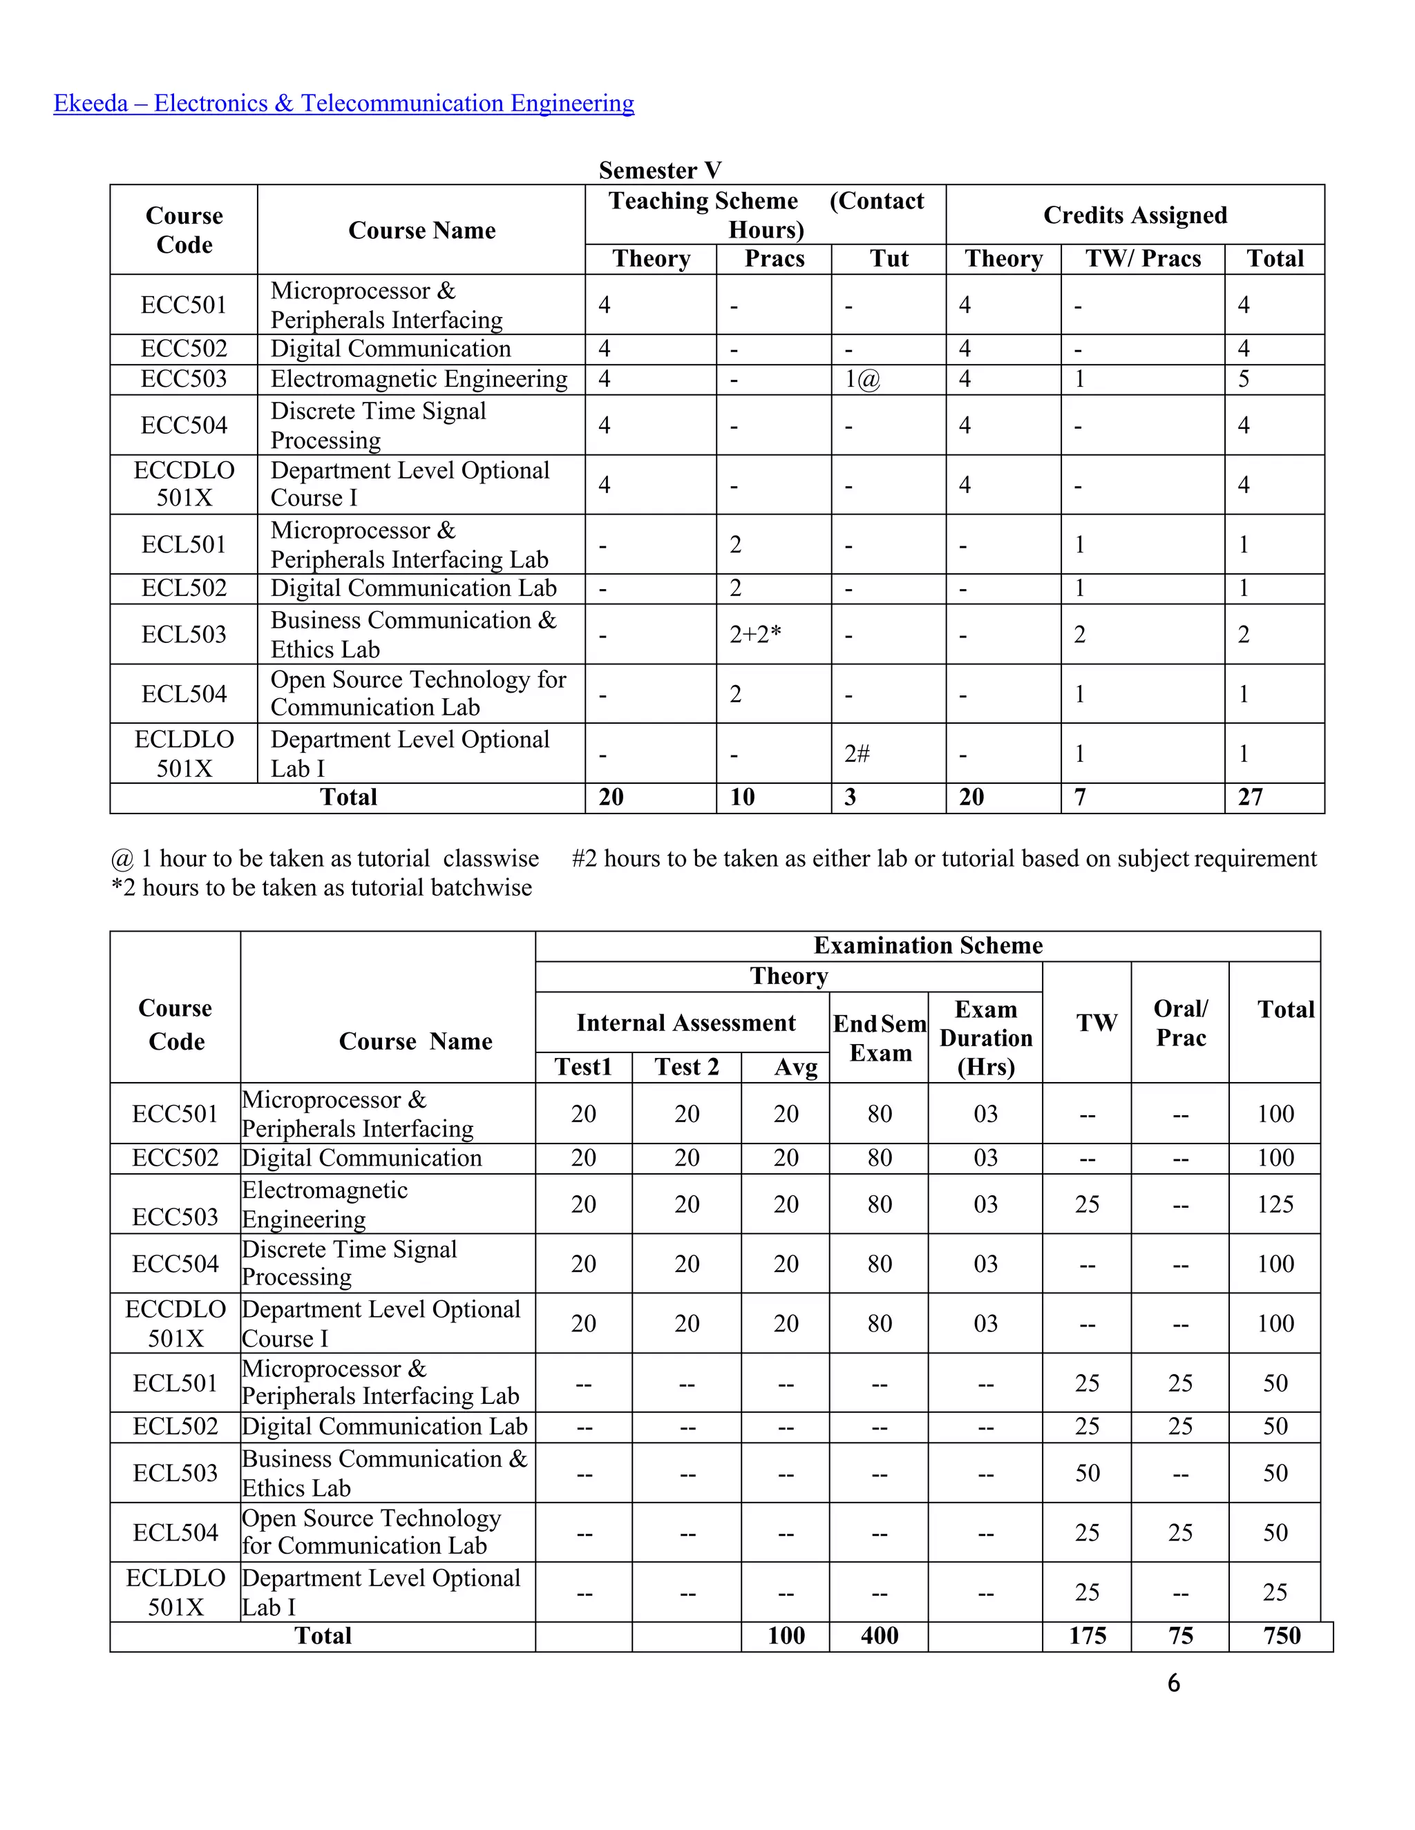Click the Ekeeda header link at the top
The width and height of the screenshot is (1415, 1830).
(x=343, y=103)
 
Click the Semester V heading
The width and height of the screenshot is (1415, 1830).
(x=660, y=170)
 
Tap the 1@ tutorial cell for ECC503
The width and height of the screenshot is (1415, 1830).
(x=862, y=380)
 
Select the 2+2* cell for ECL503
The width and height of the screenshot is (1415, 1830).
(x=754, y=635)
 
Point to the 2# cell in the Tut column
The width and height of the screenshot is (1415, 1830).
(x=857, y=753)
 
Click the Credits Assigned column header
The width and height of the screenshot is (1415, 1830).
(x=1134, y=215)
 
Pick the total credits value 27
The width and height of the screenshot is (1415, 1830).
(x=1250, y=797)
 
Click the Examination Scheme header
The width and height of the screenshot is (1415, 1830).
(x=928, y=945)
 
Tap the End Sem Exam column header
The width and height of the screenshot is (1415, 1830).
(x=880, y=1037)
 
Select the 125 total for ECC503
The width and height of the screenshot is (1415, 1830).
(x=1275, y=1204)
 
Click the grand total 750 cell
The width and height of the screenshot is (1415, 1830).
(x=1282, y=1635)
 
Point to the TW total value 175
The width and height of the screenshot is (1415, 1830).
(x=1088, y=1635)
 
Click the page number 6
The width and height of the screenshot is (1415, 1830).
(x=1174, y=1682)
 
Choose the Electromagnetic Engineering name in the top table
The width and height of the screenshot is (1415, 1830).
(x=419, y=380)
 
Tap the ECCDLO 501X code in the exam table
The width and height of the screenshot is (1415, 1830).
(x=176, y=1323)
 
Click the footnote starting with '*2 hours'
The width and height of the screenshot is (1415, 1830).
(x=322, y=887)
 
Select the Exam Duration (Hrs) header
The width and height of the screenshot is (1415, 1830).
(x=986, y=1037)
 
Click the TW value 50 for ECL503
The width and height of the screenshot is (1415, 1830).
(x=1088, y=1473)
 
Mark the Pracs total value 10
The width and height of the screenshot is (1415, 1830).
(x=742, y=797)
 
